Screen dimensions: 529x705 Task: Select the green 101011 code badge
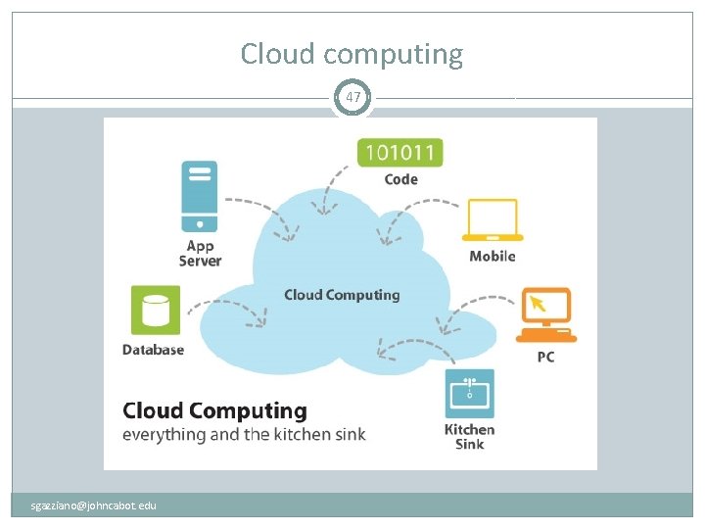(400, 152)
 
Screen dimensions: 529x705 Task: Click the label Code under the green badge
(400, 179)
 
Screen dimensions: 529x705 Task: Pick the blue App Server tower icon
(200, 197)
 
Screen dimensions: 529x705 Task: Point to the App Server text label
(200, 254)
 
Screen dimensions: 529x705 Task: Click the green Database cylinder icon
(156, 311)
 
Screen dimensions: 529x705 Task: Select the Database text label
(153, 350)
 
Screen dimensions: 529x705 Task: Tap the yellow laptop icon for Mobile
(493, 221)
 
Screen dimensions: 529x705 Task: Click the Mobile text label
(492, 257)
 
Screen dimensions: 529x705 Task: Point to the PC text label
(545, 358)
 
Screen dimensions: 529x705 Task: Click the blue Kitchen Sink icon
(469, 393)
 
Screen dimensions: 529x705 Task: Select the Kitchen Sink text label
(470, 437)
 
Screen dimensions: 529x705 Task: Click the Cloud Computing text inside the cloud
(342, 295)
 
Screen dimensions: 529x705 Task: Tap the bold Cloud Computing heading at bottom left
(214, 410)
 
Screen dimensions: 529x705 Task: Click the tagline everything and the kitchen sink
(244, 434)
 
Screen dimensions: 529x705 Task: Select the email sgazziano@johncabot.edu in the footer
(94, 505)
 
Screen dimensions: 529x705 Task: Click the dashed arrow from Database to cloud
(235, 309)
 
